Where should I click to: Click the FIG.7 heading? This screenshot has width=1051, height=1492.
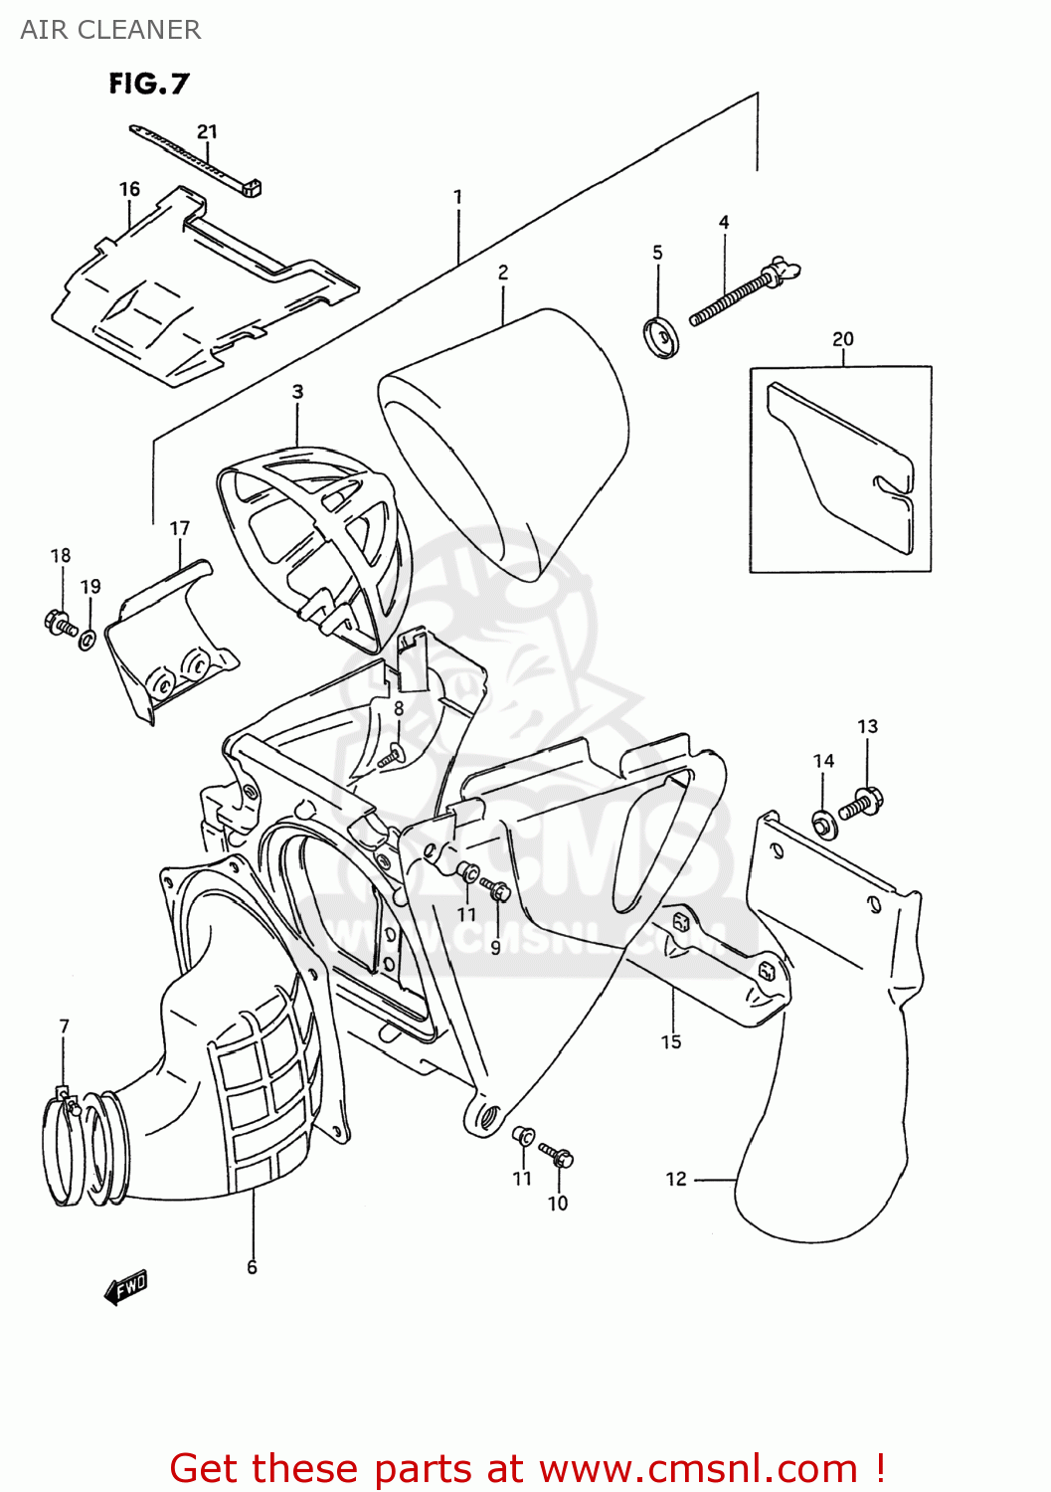pyautogui.click(x=148, y=84)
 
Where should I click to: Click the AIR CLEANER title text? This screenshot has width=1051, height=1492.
pyautogui.click(x=110, y=30)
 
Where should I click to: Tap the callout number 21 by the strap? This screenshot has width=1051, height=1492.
pyautogui.click(x=207, y=131)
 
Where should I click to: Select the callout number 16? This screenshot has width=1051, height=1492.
pyautogui.click(x=129, y=189)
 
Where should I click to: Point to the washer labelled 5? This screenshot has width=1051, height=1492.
pyautogui.click(x=658, y=335)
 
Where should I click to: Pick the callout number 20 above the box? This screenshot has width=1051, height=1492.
pyautogui.click(x=843, y=338)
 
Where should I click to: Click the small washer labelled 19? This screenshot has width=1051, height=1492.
pyautogui.click(x=88, y=639)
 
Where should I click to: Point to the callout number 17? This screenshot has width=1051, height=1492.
pyautogui.click(x=180, y=528)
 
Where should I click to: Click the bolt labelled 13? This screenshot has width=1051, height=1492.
pyautogui.click(x=861, y=802)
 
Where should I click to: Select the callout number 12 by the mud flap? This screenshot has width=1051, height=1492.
pyautogui.click(x=676, y=1179)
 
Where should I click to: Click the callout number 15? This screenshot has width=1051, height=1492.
pyautogui.click(x=671, y=1041)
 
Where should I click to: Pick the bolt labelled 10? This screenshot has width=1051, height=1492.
pyautogui.click(x=557, y=1155)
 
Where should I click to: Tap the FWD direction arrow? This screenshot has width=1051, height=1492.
pyautogui.click(x=125, y=1287)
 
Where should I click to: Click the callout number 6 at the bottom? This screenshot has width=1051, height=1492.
pyautogui.click(x=253, y=1266)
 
